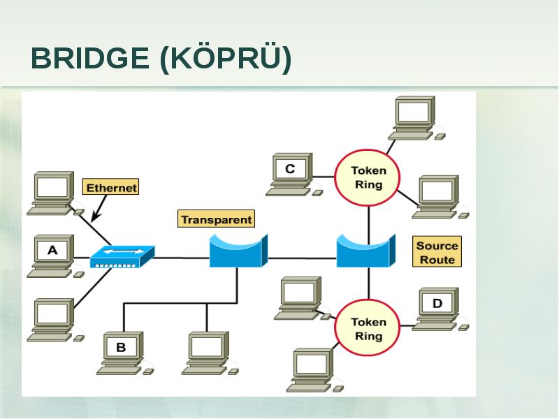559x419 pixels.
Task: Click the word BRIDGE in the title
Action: (90, 58)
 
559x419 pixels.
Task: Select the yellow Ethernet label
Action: (111, 187)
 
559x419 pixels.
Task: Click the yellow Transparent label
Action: (217, 219)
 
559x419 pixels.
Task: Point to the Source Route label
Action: (437, 251)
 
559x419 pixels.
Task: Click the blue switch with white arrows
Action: (122, 256)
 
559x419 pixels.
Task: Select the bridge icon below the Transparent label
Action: (238, 251)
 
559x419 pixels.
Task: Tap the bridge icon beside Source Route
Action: (366, 251)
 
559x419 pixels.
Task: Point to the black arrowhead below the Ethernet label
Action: (96, 216)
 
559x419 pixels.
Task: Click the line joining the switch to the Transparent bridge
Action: (182, 258)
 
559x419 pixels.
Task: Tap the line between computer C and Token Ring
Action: (324, 177)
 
